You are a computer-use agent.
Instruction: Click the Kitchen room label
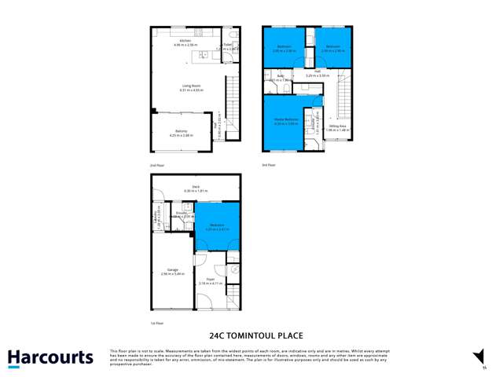click(x=185, y=41)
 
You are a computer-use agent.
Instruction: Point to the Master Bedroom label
click(x=284, y=120)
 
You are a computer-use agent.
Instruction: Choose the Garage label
click(x=172, y=270)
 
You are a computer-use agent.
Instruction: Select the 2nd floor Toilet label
click(x=227, y=45)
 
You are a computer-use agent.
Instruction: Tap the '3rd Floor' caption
click(x=269, y=165)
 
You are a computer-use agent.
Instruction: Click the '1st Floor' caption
click(x=156, y=323)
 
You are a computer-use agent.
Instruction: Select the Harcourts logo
click(x=50, y=357)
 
